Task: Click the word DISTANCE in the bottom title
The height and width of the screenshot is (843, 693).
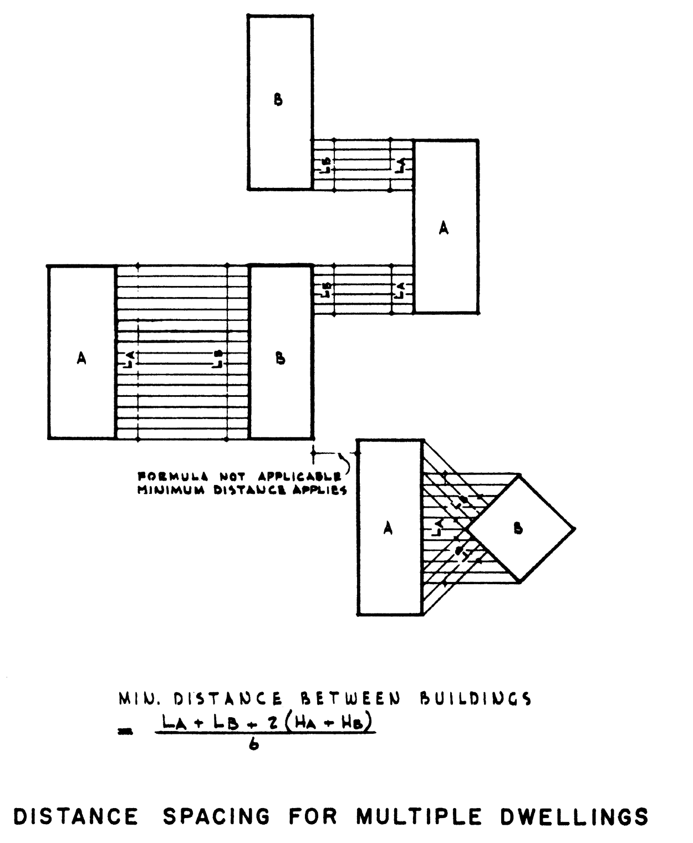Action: (76, 817)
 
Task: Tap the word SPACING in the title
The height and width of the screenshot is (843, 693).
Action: (217, 817)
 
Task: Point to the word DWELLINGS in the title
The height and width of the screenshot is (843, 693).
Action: (575, 817)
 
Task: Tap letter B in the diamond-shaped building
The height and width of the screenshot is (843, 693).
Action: (518, 529)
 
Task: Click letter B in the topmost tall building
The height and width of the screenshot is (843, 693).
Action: (278, 100)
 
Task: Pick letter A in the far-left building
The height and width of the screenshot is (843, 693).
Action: (81, 359)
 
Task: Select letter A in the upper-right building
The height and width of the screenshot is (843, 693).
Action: (444, 228)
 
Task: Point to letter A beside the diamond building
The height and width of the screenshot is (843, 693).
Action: (388, 529)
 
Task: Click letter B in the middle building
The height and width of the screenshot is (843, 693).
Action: (281, 359)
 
